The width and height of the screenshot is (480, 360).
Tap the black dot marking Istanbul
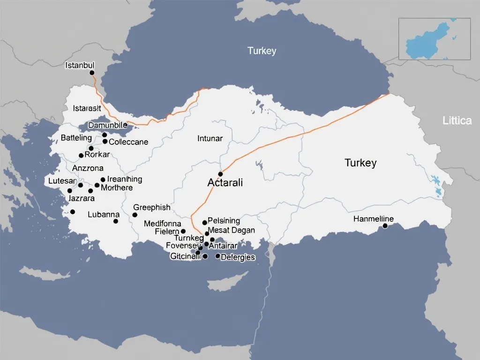pos(92,73)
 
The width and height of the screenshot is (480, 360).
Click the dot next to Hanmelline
pos(385,226)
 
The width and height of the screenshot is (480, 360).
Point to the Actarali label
pos(225,183)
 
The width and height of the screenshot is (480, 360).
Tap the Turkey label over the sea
pos(262,51)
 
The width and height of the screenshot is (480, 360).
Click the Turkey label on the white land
pos(360,163)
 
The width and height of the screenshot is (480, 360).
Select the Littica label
pos(457,121)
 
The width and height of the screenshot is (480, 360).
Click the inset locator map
pos(434,39)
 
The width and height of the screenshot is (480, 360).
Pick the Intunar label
pos(210,138)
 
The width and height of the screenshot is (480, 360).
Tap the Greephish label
pos(152,207)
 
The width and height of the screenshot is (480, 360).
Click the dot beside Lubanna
pos(116,221)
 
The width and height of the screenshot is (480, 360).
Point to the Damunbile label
pos(107,126)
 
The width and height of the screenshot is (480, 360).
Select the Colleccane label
pos(128,142)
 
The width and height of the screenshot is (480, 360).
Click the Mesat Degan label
pos(231,230)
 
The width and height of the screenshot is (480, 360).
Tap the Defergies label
pos(238,257)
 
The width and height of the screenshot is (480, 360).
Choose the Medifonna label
pos(162,224)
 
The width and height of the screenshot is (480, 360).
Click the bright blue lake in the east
pos(437,183)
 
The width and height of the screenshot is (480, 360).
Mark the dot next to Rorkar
pos(81,156)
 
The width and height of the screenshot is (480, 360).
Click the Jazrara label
pos(82,198)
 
